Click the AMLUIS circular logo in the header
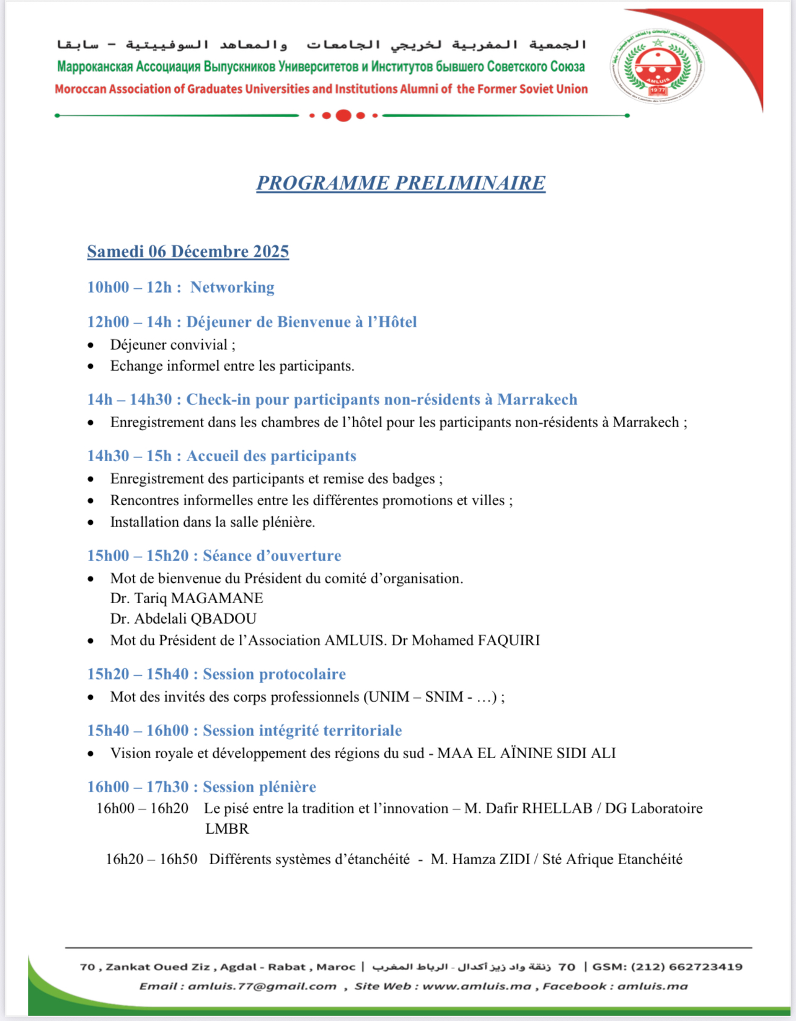(x=657, y=66)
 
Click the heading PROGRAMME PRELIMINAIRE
(x=400, y=183)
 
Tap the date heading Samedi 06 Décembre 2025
(x=188, y=251)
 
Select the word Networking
(x=232, y=287)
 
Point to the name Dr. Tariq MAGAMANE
(x=187, y=598)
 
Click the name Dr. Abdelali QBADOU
(x=183, y=619)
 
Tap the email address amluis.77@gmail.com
(x=262, y=986)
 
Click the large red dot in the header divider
(x=343, y=115)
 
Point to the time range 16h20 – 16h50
(x=151, y=859)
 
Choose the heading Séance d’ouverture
(x=272, y=555)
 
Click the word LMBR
(x=227, y=829)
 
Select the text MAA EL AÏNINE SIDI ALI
(x=526, y=753)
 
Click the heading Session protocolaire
(x=274, y=674)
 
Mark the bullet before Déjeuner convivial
(x=91, y=345)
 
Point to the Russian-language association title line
(x=321, y=66)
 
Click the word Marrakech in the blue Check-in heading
(x=537, y=399)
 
